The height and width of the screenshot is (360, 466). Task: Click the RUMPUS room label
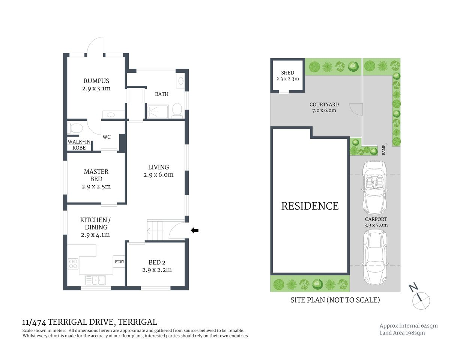click(96, 81)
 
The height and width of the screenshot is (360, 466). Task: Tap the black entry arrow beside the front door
click(194, 231)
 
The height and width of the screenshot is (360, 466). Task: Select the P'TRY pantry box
click(119, 261)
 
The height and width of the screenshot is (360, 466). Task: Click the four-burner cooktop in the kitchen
click(73, 264)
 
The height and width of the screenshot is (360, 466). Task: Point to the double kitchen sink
click(96, 280)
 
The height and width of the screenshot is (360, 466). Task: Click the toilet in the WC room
click(75, 128)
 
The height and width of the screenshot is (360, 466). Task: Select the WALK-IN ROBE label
click(79, 145)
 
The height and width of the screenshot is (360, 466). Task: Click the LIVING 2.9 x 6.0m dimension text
click(158, 175)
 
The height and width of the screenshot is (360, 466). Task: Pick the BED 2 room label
click(157, 262)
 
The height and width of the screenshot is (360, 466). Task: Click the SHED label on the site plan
click(287, 73)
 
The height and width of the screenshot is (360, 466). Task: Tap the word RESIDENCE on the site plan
click(310, 206)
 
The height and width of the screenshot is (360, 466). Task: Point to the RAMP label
click(383, 150)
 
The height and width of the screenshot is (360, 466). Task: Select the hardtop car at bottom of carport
click(376, 256)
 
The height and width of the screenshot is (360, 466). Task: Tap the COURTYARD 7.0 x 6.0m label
click(324, 108)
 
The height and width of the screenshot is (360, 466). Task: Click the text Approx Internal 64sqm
click(408, 326)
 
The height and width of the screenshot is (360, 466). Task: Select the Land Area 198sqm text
click(402, 333)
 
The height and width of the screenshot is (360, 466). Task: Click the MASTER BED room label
click(96, 175)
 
